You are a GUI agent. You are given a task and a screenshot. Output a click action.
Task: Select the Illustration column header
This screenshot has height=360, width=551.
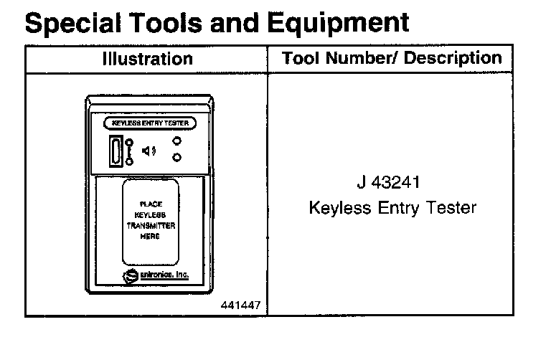pyautogui.click(x=147, y=59)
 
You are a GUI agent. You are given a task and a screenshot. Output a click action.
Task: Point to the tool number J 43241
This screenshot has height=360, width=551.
pyautogui.click(x=392, y=183)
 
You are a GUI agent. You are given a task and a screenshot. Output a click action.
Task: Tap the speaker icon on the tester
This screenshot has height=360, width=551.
pyautogui.click(x=149, y=151)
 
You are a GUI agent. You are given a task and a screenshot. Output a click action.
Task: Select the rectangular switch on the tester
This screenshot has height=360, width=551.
pyautogui.click(x=116, y=151)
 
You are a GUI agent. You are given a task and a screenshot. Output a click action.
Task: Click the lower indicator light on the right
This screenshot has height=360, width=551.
pyautogui.click(x=176, y=157)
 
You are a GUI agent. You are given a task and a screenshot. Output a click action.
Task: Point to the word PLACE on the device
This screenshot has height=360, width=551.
pyautogui.click(x=151, y=204)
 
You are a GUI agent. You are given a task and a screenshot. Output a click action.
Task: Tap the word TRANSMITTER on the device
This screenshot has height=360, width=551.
pyautogui.click(x=151, y=225)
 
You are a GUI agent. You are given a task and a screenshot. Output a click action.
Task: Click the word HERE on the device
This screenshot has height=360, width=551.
pyautogui.click(x=151, y=236)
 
